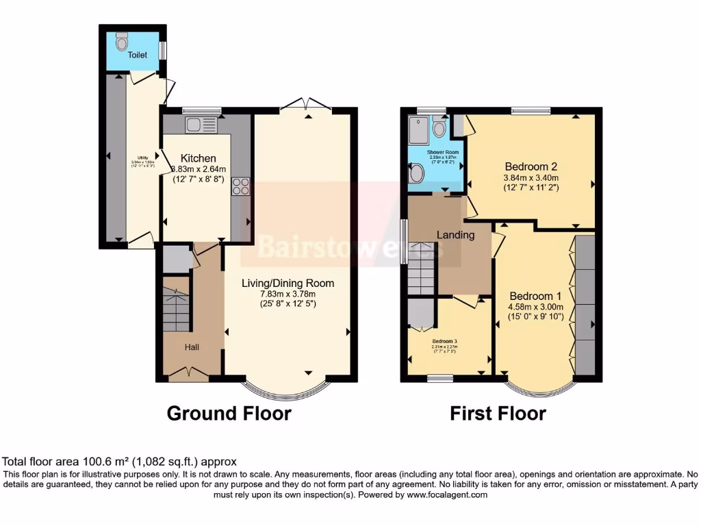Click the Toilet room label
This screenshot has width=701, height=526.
(x=138, y=55)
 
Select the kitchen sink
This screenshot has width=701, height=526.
(x=193, y=125)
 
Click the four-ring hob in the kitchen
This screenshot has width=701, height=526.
(x=241, y=187)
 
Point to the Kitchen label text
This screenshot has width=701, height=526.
(x=198, y=158)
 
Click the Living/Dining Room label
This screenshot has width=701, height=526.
(x=288, y=283)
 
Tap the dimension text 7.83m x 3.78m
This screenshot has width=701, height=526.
(x=288, y=293)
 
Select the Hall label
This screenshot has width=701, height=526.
(x=192, y=347)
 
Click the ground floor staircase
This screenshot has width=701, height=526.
(x=177, y=310)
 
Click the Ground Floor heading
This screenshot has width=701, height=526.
(x=229, y=414)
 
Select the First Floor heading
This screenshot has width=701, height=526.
(x=497, y=414)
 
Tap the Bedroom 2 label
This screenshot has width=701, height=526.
(x=531, y=166)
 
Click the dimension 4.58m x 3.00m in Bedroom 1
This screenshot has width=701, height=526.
(x=536, y=307)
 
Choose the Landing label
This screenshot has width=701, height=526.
(x=456, y=235)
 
